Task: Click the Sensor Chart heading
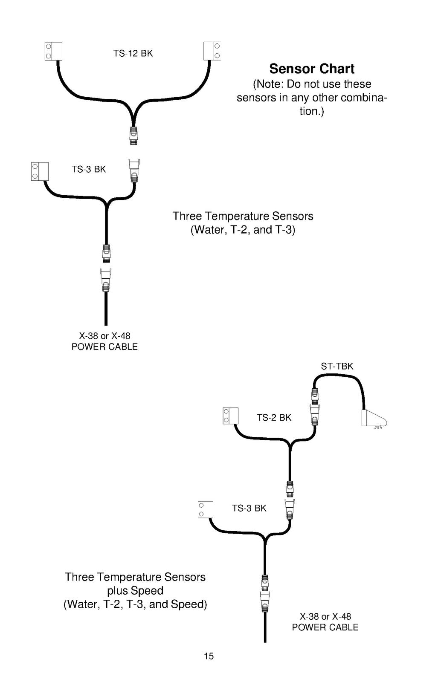coord(312,69)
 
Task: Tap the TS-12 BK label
coord(133,53)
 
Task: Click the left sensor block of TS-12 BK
coord(53,51)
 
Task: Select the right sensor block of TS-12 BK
coord(212,51)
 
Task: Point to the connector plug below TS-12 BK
coord(133,136)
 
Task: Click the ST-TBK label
coord(337,366)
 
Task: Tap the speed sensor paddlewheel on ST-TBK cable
coord(374,419)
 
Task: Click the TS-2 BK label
coord(274,417)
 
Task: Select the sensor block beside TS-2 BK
coord(231,416)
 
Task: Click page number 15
coord(209,656)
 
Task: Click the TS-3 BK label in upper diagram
coord(89,169)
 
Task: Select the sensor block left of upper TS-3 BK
coord(40,171)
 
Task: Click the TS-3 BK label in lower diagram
coord(249,508)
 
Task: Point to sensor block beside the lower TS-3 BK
coord(206,510)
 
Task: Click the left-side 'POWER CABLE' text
coord(104,347)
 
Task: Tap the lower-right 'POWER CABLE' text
coord(325,627)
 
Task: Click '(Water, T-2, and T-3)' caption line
coord(243,230)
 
